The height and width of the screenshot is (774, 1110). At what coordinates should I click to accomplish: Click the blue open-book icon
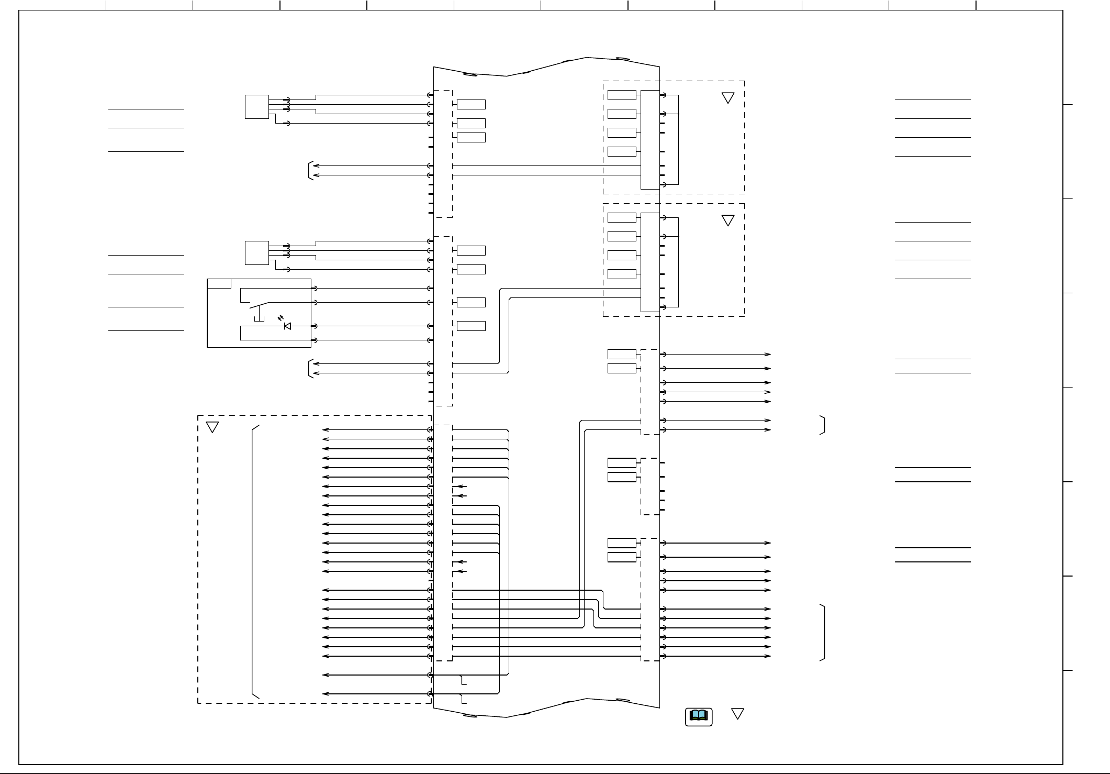pyautogui.click(x=699, y=716)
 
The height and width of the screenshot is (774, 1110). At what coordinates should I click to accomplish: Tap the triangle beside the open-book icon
pyautogui.click(x=737, y=714)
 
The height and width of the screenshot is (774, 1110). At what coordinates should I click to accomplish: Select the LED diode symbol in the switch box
pyautogui.click(x=287, y=326)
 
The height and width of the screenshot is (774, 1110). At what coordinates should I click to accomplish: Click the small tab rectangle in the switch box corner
pyautogui.click(x=219, y=284)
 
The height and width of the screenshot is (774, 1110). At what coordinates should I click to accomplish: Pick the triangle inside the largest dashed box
pyautogui.click(x=212, y=427)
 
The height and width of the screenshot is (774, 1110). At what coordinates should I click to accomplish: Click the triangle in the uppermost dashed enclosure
pyautogui.click(x=727, y=98)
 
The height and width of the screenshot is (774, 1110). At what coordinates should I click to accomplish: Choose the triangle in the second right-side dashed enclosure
pyautogui.click(x=727, y=220)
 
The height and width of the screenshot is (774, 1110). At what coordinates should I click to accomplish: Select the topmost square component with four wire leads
pyautogui.click(x=256, y=107)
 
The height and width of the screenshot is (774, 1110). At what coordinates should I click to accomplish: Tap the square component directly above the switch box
pyautogui.click(x=256, y=253)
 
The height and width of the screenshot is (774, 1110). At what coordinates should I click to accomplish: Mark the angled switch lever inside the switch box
pyautogui.click(x=259, y=306)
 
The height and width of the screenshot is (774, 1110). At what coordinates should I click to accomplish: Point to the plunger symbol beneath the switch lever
pyautogui.click(x=259, y=318)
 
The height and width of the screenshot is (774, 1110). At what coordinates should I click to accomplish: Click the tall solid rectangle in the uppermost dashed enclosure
pyautogui.click(x=650, y=140)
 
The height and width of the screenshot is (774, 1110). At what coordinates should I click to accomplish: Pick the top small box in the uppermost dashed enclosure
pyautogui.click(x=622, y=95)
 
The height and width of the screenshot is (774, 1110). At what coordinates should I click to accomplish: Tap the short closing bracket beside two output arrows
pyautogui.click(x=823, y=425)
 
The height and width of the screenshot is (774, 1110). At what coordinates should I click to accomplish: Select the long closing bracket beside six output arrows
pyautogui.click(x=823, y=633)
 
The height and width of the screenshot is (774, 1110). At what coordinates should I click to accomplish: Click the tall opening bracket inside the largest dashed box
pyautogui.click(x=254, y=561)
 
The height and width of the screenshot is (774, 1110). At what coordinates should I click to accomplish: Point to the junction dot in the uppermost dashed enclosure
pyautogui.click(x=678, y=114)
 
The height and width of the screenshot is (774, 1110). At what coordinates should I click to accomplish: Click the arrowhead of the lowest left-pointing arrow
pyautogui.click(x=325, y=694)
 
